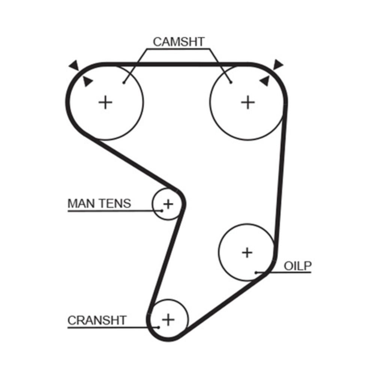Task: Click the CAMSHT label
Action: (x=178, y=42)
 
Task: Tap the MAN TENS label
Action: (x=99, y=203)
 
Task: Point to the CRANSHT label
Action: (x=97, y=320)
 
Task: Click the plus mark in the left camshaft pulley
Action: (x=105, y=102)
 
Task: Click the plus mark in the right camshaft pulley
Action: (x=247, y=102)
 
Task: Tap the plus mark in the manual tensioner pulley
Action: (x=168, y=204)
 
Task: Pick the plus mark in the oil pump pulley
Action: (x=247, y=252)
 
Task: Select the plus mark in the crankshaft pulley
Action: (x=168, y=320)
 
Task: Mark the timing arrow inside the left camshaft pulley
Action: (x=87, y=81)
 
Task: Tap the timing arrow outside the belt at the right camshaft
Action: (x=278, y=64)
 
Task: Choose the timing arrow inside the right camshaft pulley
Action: (x=265, y=80)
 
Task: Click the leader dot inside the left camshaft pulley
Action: (x=123, y=82)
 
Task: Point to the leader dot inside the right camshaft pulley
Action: (x=231, y=82)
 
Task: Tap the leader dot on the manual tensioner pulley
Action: (x=162, y=210)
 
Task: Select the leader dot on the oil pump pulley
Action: (x=256, y=273)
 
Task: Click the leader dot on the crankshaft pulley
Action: (x=159, y=327)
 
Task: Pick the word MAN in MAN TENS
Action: (x=80, y=203)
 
